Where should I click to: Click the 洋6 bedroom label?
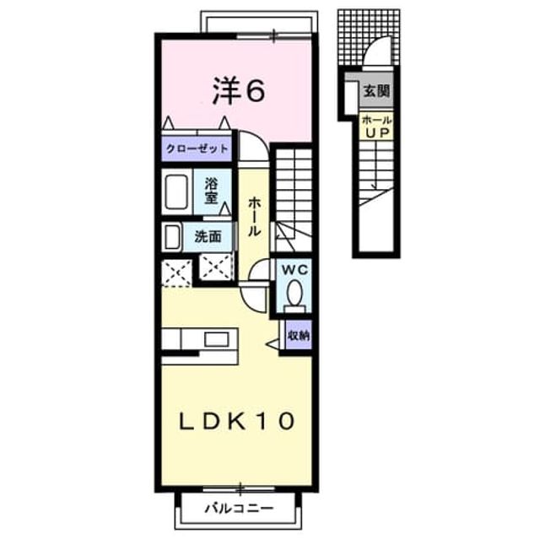tap(239, 91)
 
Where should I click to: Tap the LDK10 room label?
tap(236, 421)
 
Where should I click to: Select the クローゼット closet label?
tap(197, 148)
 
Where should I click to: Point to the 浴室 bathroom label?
tap(211, 191)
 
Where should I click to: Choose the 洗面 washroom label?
tap(208, 236)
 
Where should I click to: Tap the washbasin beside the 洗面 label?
tap(172, 236)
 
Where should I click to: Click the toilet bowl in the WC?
tap(294, 293)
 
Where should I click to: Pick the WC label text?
tap(294, 270)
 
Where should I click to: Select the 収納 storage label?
tap(299, 335)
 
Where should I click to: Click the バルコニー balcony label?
tap(239, 508)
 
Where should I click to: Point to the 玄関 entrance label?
tap(376, 91)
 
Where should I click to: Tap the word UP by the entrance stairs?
tap(377, 132)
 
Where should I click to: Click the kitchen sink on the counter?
tap(217, 339)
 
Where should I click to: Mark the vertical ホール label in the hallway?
tap(254, 216)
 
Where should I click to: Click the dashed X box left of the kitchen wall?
tap(176, 273)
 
